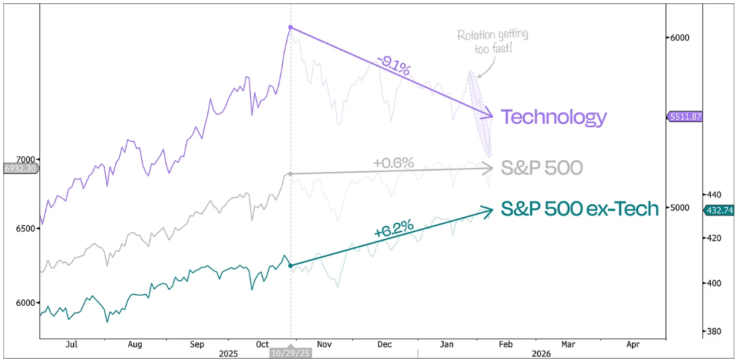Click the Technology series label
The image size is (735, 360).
(554, 117)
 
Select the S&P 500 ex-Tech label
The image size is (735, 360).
(580, 208)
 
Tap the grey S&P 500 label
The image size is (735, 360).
(542, 167)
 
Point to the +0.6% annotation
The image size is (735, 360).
(394, 162)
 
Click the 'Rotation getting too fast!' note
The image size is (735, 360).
(492, 41)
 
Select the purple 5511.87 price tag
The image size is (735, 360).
(684, 116)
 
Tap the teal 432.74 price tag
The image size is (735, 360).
(719, 210)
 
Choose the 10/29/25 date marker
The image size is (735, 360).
(291, 352)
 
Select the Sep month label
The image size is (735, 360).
(196, 344)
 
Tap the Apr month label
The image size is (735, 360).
(633, 344)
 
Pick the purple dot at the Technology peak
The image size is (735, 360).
(290, 27)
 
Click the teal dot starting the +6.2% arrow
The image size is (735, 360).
(290, 266)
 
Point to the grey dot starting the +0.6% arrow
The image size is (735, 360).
(290, 174)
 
